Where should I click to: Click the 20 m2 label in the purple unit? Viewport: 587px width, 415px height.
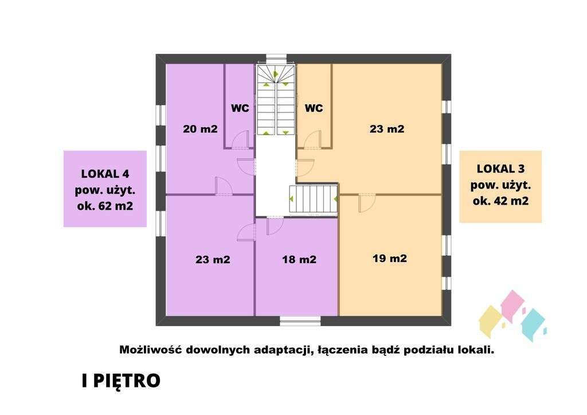pyautogui.click(x=200, y=129)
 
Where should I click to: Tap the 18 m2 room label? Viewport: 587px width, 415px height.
pyautogui.click(x=299, y=260)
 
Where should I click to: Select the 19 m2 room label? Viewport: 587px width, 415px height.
pyautogui.click(x=389, y=259)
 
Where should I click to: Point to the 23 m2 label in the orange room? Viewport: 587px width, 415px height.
pyautogui.click(x=386, y=129)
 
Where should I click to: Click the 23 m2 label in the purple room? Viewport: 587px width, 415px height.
pyautogui.click(x=213, y=260)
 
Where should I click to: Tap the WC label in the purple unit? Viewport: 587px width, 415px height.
pyautogui.click(x=240, y=108)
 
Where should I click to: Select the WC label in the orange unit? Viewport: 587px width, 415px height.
pyautogui.click(x=314, y=108)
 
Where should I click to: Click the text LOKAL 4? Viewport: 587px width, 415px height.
pyautogui.click(x=105, y=173)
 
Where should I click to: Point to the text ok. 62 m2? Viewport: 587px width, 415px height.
pyautogui.click(x=105, y=205)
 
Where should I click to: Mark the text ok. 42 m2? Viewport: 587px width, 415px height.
pyautogui.click(x=500, y=201)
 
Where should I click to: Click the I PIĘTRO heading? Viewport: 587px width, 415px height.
pyautogui.click(x=120, y=381)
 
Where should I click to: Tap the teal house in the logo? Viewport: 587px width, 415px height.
pyautogui.click(x=534, y=324)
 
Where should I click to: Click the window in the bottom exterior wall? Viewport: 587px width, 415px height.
pyautogui.click(x=300, y=320)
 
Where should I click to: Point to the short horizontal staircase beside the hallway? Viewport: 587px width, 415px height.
pyautogui.click(x=313, y=199)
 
